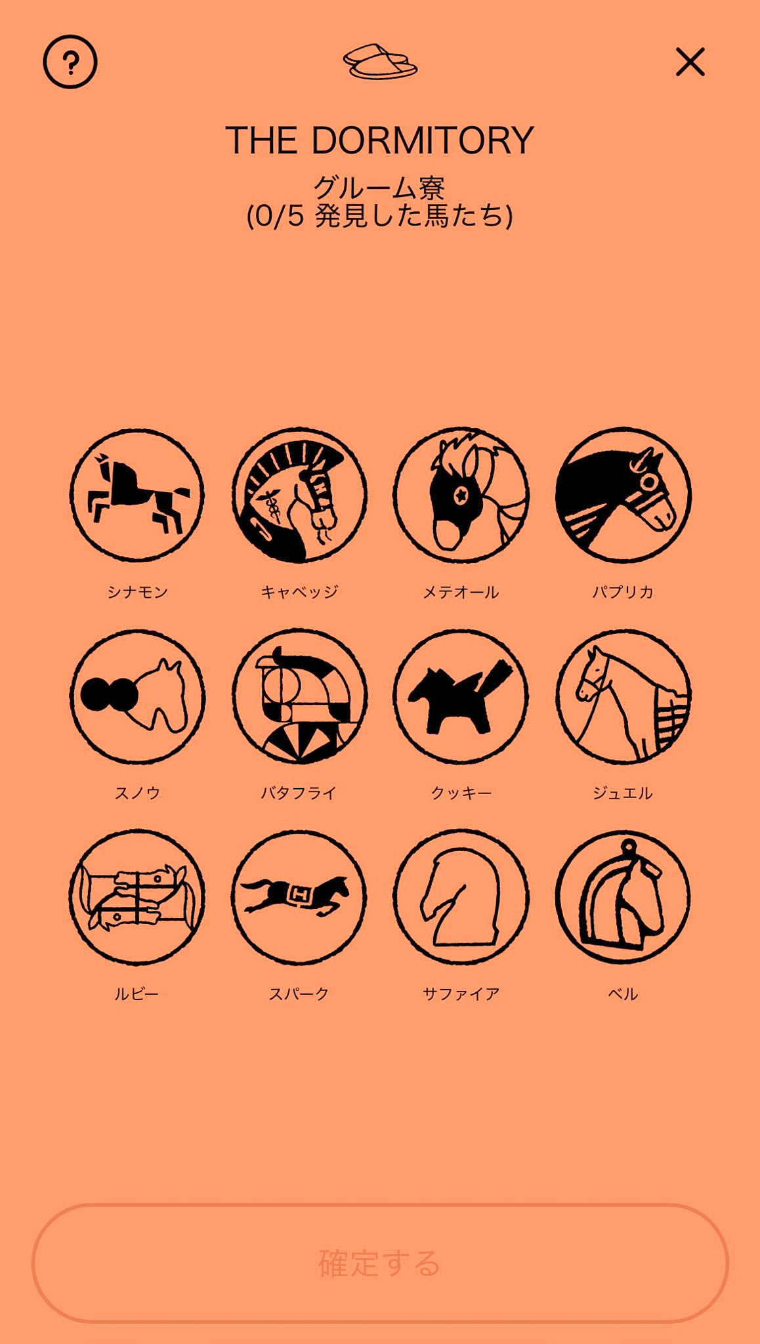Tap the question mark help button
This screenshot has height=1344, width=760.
[70, 62]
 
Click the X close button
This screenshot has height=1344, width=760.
[690, 62]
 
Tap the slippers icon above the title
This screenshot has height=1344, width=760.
[380, 62]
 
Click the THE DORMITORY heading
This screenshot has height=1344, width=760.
[380, 140]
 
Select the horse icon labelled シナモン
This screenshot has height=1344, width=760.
[137, 495]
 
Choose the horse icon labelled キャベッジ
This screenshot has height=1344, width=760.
[299, 495]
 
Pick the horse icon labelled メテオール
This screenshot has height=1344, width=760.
[461, 495]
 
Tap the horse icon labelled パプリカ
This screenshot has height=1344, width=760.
[623, 495]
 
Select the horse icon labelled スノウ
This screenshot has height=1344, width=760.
[137, 697]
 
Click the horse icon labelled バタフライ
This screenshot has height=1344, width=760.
[299, 697]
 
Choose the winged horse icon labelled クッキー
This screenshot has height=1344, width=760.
[461, 697]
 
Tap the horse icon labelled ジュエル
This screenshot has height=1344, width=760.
[623, 697]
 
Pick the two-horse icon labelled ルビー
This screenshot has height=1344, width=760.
[137, 898]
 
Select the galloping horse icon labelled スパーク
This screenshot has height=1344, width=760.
[299, 898]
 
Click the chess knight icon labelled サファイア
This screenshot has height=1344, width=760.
[461, 898]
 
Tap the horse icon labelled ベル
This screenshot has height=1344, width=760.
[623, 898]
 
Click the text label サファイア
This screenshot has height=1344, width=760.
[461, 994]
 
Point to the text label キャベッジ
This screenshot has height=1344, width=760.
[299, 592]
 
